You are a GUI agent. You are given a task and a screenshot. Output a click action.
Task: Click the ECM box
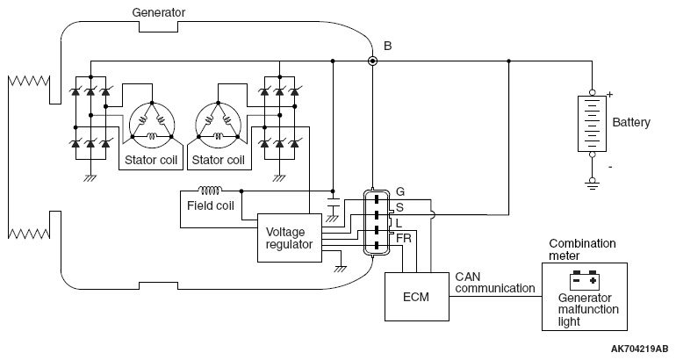416,297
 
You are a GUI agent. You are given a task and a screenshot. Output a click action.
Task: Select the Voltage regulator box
290,238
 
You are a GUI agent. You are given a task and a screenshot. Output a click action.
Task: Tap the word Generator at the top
158,12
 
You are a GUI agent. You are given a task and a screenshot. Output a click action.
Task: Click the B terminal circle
372,61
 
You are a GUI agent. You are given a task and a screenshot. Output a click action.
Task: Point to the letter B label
387,46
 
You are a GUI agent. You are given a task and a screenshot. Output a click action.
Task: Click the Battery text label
630,122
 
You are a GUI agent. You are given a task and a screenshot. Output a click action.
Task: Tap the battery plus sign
609,95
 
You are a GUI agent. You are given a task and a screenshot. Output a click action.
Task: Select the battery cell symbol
592,124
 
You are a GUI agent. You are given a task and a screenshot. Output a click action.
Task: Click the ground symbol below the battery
592,184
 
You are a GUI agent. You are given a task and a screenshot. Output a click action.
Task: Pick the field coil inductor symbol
211,191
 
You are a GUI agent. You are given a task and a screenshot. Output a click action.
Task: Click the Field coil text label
211,205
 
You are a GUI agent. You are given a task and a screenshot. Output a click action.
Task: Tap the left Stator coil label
151,160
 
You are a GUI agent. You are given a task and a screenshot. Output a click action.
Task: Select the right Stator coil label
218,160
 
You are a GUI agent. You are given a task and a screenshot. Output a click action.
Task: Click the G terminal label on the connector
400,191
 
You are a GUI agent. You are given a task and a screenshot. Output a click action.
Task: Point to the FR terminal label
404,238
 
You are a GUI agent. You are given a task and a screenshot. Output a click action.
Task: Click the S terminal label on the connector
399,207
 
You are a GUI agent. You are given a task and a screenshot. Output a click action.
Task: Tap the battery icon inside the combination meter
584,280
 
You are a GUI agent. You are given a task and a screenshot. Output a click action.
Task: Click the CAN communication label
495,283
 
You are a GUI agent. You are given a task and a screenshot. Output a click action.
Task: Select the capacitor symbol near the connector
333,203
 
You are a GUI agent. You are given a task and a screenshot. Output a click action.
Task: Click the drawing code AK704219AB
639,349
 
